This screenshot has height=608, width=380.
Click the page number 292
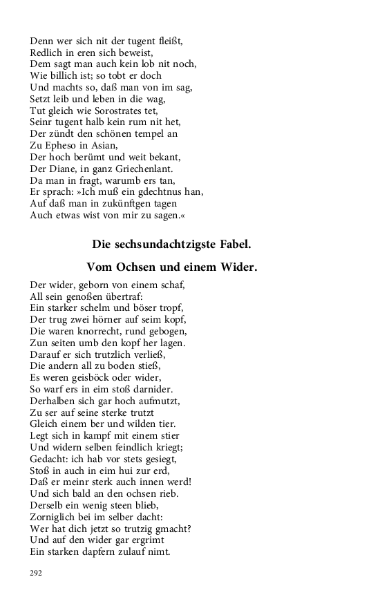[x=37, y=573]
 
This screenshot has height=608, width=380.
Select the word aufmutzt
[x=156, y=401]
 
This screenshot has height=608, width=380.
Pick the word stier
[x=170, y=435]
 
